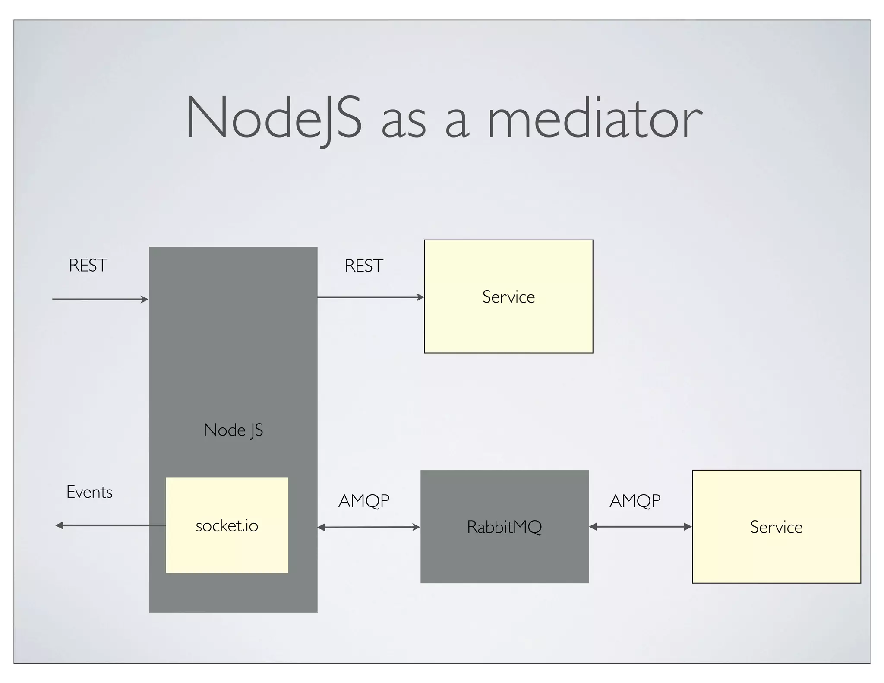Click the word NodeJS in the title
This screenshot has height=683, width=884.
point(273,118)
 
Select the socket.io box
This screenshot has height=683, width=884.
point(227,525)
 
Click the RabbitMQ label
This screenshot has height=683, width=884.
point(504,527)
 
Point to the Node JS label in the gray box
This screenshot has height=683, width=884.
point(233,430)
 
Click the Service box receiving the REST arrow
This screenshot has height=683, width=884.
point(508,297)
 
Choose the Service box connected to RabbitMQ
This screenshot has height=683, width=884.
point(776,527)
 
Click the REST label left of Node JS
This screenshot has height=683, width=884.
point(88,266)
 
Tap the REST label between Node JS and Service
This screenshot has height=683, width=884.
point(364,266)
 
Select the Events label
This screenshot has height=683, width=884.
point(89,492)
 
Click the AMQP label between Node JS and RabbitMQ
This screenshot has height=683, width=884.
point(364,501)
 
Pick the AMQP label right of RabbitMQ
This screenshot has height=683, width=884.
point(635,501)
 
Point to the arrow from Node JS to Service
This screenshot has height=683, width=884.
point(370,297)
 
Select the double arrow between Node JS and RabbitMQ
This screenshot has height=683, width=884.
point(369,527)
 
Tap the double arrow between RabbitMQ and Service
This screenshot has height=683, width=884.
point(640,527)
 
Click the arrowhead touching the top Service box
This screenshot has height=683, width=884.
point(421,297)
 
